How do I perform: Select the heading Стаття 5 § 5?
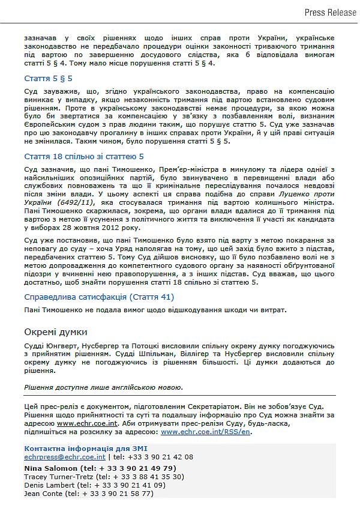pos(48,78)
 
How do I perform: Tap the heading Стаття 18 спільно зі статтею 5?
pos(84,157)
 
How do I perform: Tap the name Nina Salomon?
pos(51,468)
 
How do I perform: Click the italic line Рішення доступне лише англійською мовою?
pos(103,387)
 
